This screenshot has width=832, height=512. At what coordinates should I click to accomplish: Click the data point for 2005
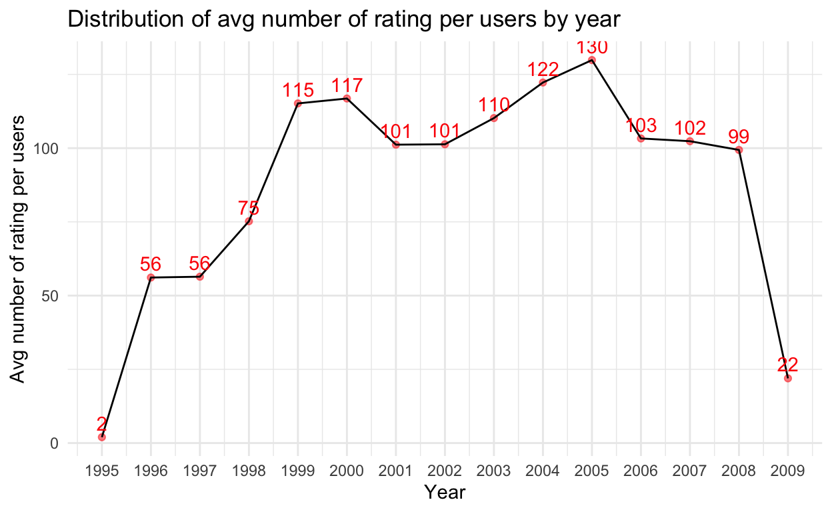coord(591,60)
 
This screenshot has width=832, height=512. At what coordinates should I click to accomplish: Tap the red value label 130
coord(591,48)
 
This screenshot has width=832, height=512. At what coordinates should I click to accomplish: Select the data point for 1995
coord(102,437)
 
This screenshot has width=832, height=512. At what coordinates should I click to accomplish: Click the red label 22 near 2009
coord(787,365)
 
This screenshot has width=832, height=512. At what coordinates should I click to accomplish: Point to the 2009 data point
coord(787,378)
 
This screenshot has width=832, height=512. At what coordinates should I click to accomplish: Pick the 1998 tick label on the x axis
coord(249,471)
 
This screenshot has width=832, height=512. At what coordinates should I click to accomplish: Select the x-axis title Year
coord(445,493)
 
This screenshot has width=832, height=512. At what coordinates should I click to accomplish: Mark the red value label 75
coord(249,208)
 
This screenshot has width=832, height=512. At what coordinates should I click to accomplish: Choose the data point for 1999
coord(297,103)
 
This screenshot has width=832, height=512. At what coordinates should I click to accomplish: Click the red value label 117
coord(347,85)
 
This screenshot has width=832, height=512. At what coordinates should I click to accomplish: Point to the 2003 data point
coord(493,118)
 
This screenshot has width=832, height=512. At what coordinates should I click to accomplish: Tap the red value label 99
coord(739,137)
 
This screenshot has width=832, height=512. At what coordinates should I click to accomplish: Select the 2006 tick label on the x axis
coord(641,471)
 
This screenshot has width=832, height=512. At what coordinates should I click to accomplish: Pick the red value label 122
coord(543,69)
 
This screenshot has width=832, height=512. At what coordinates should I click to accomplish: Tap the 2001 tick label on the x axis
coord(396,471)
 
